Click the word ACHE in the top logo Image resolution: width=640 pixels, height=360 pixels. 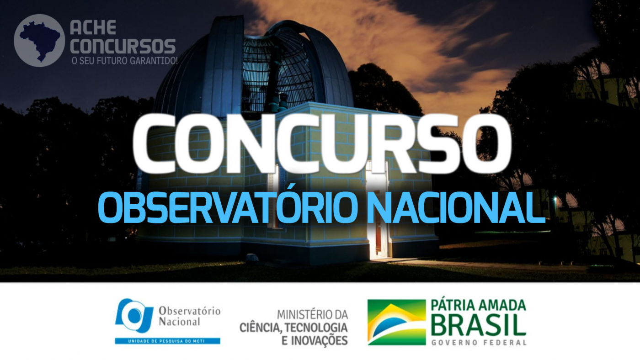click(93, 27)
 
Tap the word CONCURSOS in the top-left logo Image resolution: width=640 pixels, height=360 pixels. click(123, 46)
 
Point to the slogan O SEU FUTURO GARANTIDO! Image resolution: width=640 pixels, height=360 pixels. click(124, 61)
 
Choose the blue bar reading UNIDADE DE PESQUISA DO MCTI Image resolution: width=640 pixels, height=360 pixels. click(167, 341)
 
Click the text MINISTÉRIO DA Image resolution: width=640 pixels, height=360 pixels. click(313, 315)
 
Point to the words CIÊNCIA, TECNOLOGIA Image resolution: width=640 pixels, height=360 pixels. click(293, 328)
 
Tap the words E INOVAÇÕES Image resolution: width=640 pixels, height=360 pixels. click(315, 341)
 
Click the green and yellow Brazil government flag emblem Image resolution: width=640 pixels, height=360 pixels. click(397, 323)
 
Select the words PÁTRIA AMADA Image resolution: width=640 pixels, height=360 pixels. click(478, 305)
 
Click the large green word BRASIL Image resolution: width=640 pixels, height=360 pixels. click(478, 325)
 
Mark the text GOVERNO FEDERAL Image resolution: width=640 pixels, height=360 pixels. click(479, 343)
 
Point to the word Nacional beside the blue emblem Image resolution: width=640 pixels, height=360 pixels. click(179, 322)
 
